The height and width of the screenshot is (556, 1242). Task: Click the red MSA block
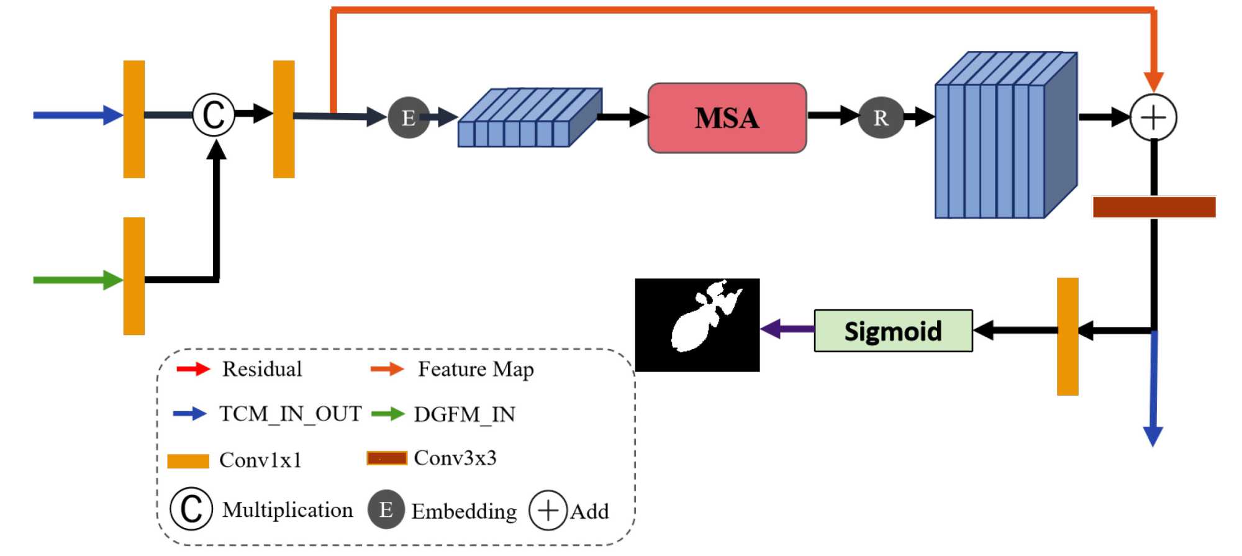[727, 118]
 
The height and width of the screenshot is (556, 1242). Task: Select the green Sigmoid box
[893, 331]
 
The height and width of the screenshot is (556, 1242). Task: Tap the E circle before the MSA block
[408, 117]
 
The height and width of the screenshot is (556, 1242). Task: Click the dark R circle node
[881, 117]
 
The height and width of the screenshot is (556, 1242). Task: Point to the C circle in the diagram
[214, 115]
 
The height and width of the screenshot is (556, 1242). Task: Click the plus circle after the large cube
[1153, 117]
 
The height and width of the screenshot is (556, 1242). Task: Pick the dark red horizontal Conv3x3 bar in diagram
[1154, 207]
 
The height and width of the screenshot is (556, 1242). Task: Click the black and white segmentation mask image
[697, 325]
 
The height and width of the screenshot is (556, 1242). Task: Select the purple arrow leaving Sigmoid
[787, 329]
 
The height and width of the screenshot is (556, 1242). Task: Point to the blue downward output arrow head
[1153, 436]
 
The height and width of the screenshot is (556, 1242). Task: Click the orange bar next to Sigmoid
[1067, 336]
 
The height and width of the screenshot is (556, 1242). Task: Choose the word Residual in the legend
[262, 369]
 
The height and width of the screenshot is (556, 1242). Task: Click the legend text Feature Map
[476, 369]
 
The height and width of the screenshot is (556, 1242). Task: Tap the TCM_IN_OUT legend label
[290, 414]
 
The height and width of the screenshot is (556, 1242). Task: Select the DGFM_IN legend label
[465, 414]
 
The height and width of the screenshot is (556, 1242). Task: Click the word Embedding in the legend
[464, 511]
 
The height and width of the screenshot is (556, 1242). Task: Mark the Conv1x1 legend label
[260, 460]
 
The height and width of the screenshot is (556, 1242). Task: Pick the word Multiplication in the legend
[288, 510]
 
